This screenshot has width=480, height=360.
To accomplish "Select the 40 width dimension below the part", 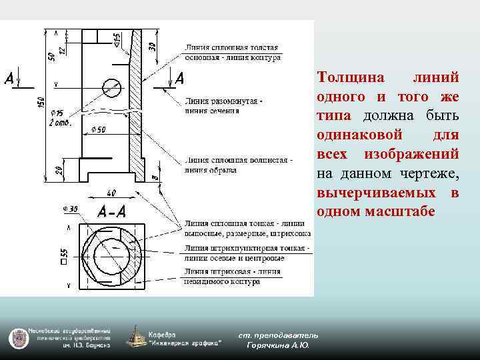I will tap(111, 193).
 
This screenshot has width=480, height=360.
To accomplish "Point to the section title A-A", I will tap(111, 213).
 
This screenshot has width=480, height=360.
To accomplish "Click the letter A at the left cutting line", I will tap(9, 79).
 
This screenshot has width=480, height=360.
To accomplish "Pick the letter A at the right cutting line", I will tap(179, 79).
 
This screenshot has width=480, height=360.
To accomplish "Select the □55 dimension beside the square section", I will tap(65, 255).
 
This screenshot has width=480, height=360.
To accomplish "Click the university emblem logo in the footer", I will tap(17, 337).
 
